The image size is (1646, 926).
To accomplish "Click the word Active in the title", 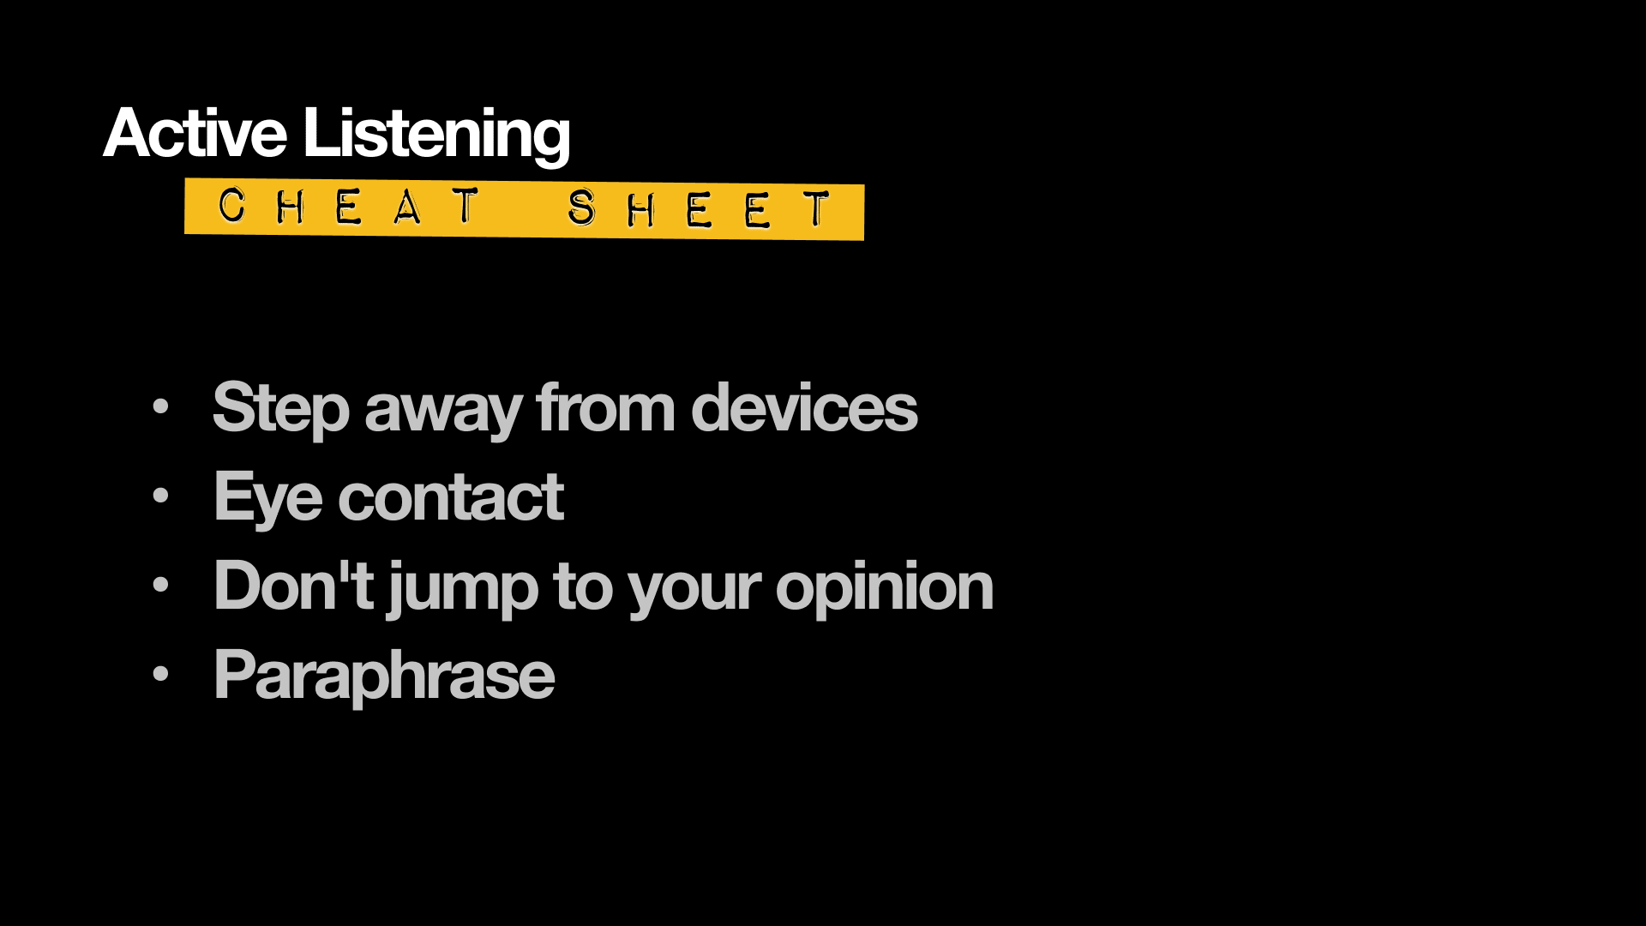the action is (195, 133).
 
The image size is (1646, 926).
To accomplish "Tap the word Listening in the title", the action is (436, 135).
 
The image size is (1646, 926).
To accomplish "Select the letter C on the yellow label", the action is (231, 206).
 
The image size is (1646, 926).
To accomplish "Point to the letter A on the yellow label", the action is (407, 207).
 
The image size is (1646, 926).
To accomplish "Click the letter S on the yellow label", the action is (581, 207).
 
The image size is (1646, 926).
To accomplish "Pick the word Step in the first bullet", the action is (281, 409).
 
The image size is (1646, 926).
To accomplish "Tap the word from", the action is (606, 408).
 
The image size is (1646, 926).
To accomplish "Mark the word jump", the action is (463, 590).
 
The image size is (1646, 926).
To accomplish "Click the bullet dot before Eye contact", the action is (160, 496).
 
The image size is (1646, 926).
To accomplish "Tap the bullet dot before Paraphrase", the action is (160, 674).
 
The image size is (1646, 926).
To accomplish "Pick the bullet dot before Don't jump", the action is (160, 585).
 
